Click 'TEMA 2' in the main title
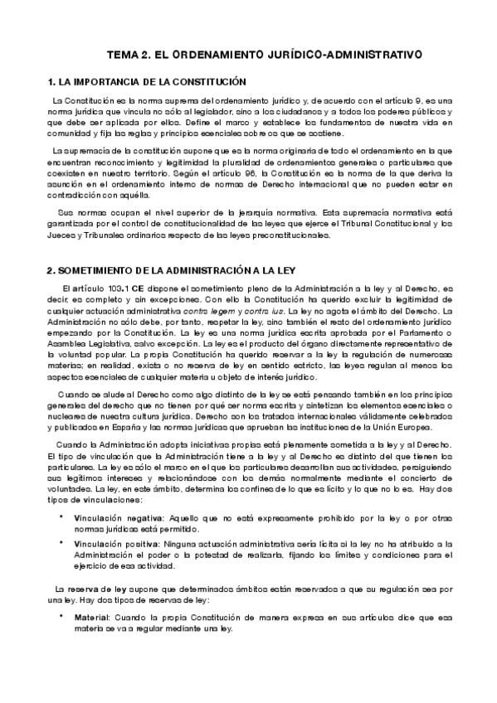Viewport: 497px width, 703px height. coord(129,55)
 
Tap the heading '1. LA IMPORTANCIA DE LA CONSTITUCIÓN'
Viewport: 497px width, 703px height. coord(148,82)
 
